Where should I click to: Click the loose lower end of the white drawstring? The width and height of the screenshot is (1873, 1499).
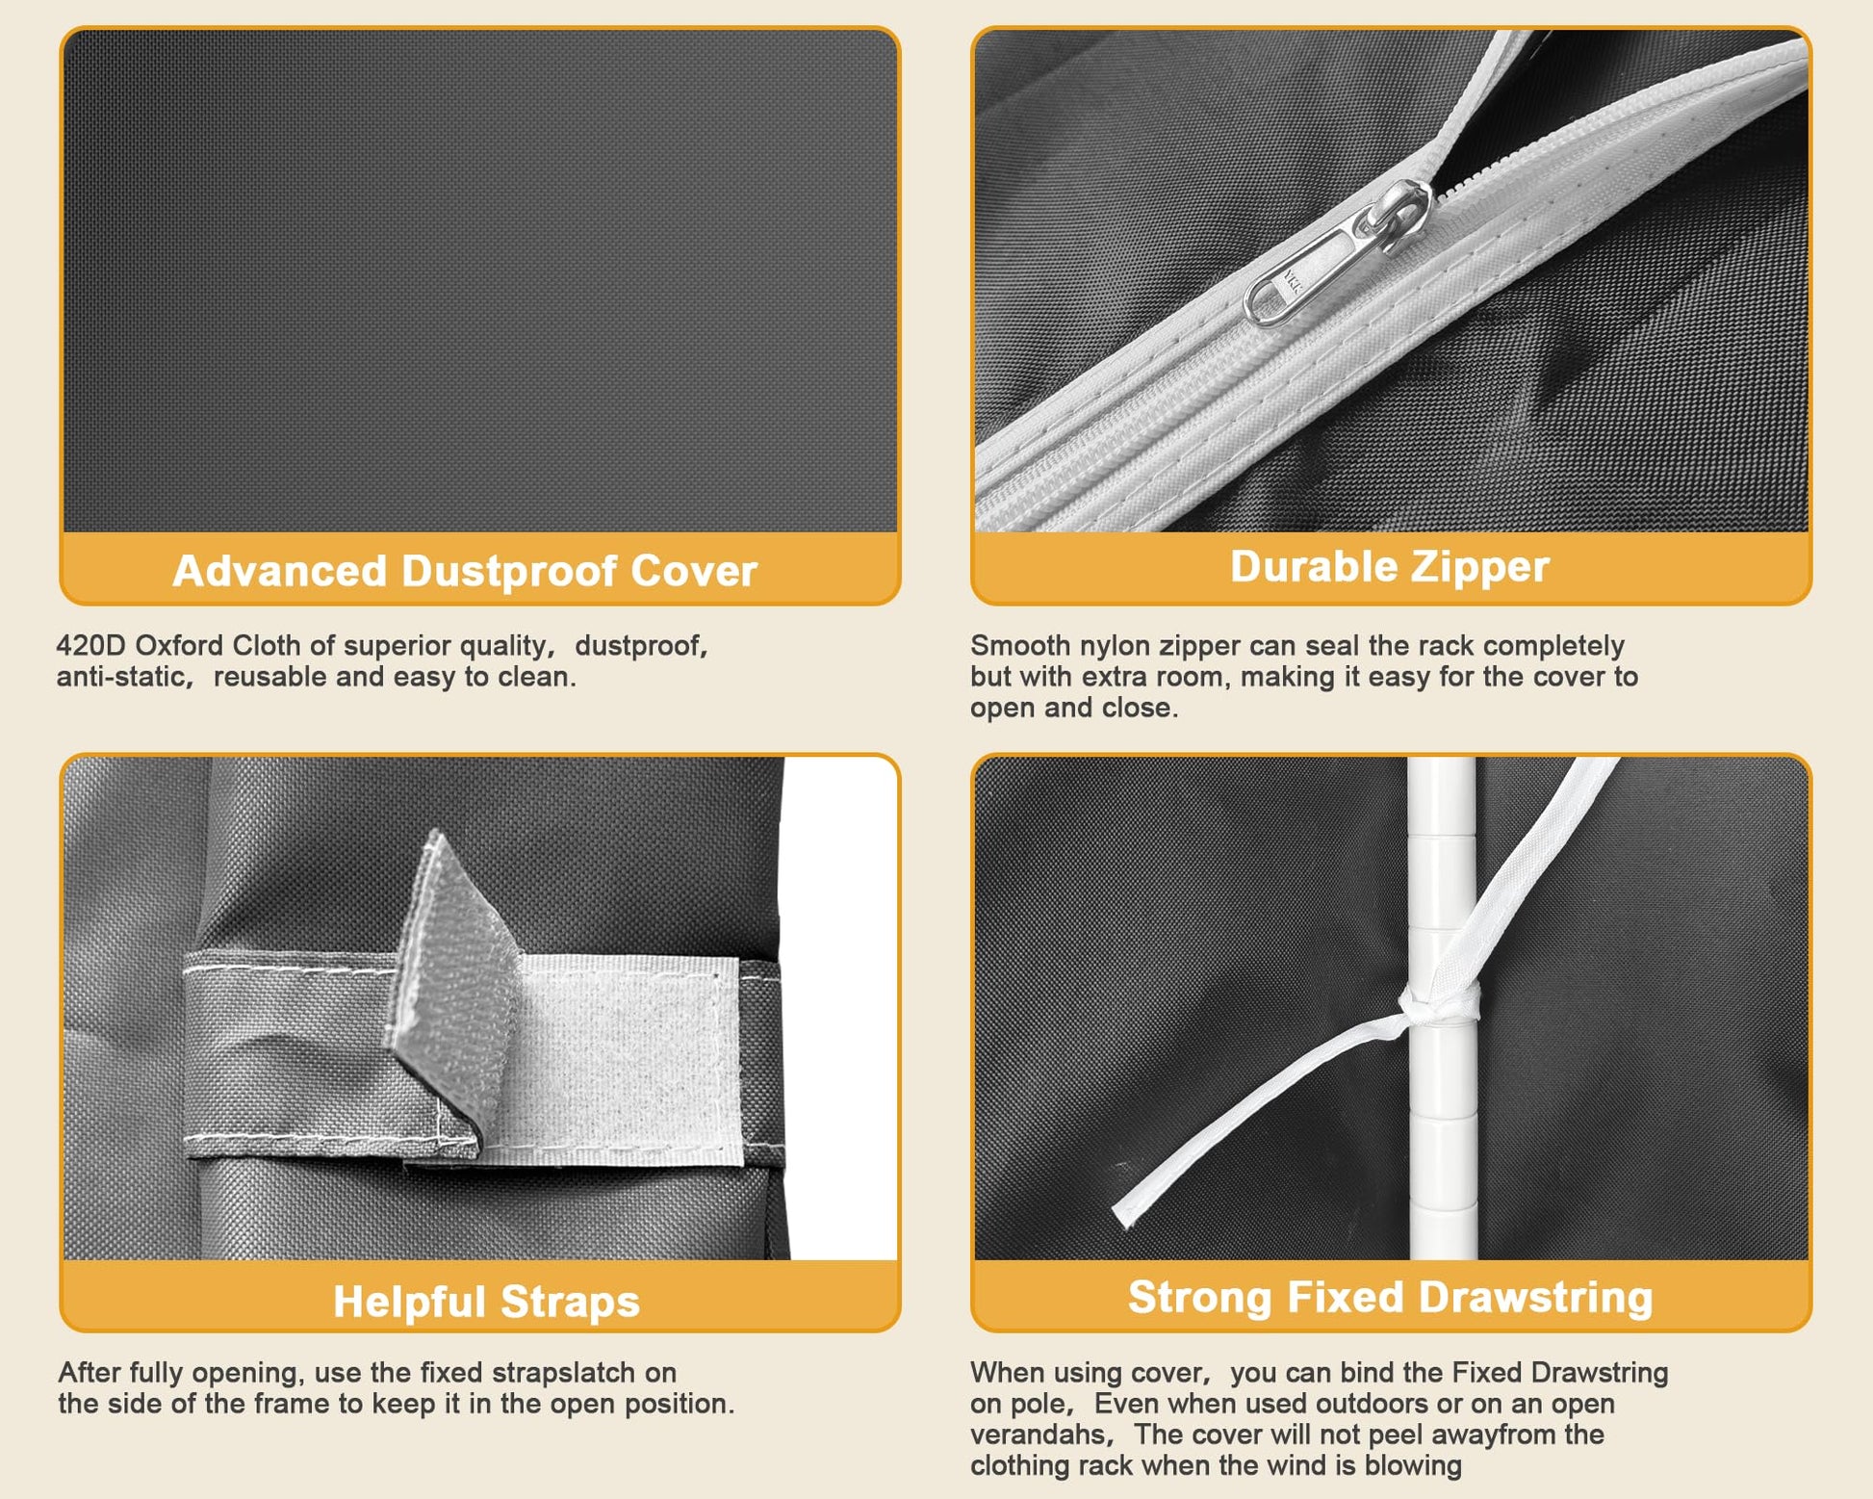[x=1123, y=1215]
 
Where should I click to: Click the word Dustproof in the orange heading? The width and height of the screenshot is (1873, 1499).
[x=509, y=571]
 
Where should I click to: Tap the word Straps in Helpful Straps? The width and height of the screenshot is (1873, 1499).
[x=570, y=1302]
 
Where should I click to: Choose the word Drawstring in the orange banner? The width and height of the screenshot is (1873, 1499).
[x=1536, y=1298]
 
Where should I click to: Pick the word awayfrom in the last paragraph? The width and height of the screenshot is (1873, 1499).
[x=1493, y=1434]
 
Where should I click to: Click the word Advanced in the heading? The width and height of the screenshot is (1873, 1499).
[x=280, y=571]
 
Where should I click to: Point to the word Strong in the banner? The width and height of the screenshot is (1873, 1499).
[x=1202, y=1298]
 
